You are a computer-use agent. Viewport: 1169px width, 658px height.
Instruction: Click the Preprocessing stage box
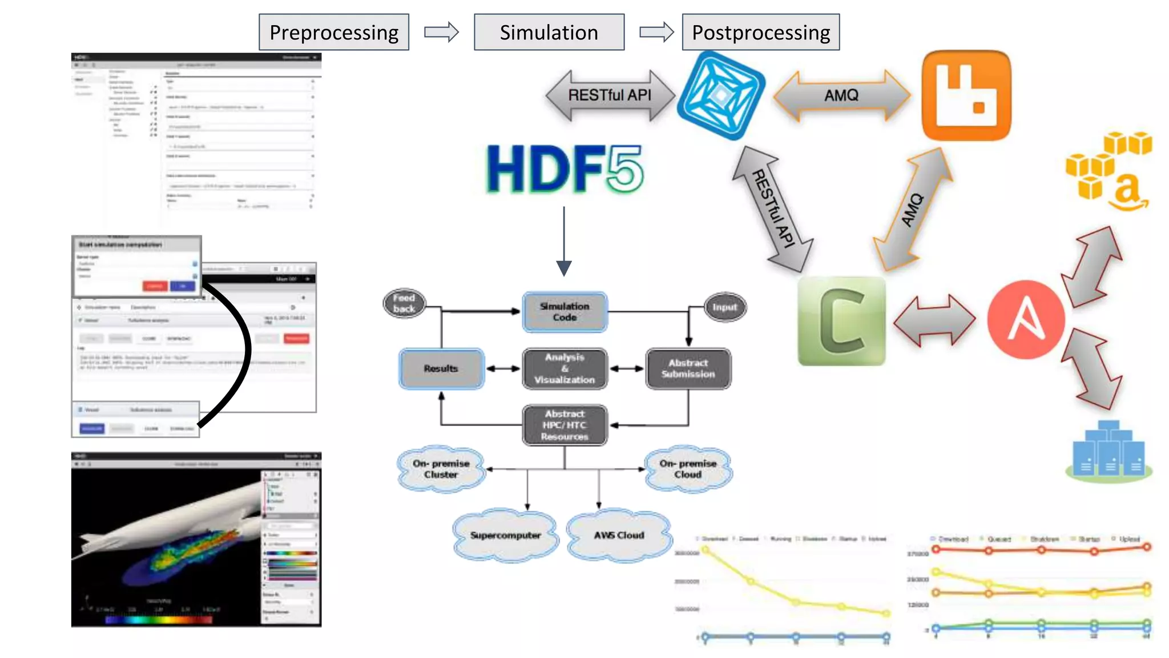point(333,33)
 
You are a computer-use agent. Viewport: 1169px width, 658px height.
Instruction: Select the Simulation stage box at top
point(549,33)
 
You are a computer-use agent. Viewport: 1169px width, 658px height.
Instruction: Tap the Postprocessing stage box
point(760,33)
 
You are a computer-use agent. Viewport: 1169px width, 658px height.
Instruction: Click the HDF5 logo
point(564,169)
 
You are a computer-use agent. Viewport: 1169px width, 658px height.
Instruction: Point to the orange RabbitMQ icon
point(966,95)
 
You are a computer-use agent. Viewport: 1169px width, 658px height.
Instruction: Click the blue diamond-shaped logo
point(721,95)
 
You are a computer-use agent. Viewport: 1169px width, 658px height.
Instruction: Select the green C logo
point(841,321)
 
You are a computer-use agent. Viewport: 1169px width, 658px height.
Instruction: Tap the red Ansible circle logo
point(1026,319)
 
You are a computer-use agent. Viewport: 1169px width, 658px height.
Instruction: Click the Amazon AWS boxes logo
point(1108,170)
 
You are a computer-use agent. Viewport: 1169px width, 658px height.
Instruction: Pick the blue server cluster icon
point(1108,451)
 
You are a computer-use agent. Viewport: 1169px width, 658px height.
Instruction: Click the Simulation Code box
point(565,312)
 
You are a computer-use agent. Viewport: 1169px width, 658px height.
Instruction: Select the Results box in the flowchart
point(441,369)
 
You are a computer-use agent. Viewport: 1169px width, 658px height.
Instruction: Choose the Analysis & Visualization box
point(565,368)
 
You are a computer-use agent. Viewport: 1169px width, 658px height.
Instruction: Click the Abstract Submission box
point(688,368)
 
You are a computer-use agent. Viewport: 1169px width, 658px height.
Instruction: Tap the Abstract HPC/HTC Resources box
point(565,425)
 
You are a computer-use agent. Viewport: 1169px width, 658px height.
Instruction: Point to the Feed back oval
point(404,303)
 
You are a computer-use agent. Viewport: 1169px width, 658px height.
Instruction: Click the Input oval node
point(724,307)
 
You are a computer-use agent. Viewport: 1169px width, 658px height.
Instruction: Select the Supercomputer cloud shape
point(505,535)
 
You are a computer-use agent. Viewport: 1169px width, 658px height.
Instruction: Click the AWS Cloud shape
point(619,535)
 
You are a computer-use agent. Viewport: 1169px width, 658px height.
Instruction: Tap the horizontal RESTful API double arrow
point(610,95)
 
